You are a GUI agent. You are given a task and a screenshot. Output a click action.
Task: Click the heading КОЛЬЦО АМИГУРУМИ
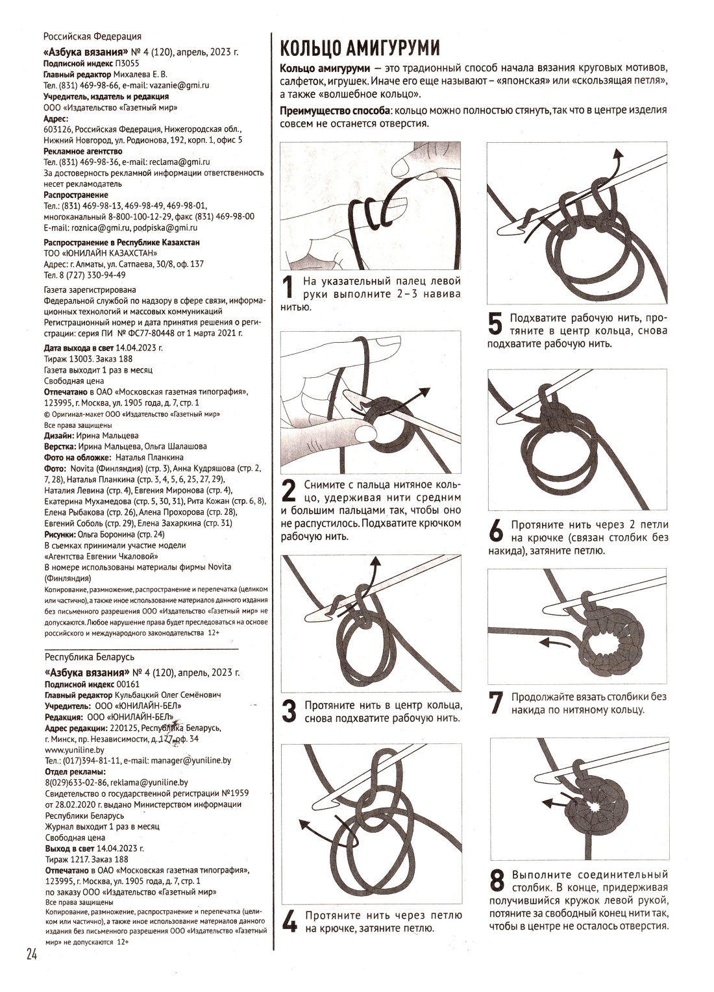coord(360,48)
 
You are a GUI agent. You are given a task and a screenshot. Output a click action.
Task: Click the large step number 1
coord(288,287)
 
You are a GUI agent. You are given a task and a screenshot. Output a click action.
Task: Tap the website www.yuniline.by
coord(75,750)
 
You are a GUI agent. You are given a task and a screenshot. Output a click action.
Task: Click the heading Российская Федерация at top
coord(93,36)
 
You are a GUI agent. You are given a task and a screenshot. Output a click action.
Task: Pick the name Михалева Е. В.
coord(140,74)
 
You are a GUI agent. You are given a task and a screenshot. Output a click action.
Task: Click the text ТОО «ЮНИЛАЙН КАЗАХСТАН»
coord(101,253)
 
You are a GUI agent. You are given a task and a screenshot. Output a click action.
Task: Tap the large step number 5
coord(495,324)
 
